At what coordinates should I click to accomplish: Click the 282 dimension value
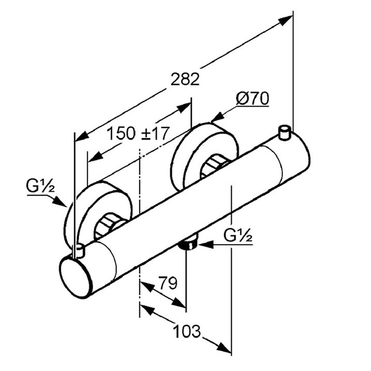pyautogui.click(x=184, y=79)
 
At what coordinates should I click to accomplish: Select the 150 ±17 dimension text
pyautogui.click(x=138, y=133)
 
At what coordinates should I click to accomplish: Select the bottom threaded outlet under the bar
pyautogui.click(x=190, y=243)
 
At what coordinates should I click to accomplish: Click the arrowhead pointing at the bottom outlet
pyautogui.click(x=203, y=244)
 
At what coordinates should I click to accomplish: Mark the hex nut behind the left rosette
pyautogui.click(x=111, y=227)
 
